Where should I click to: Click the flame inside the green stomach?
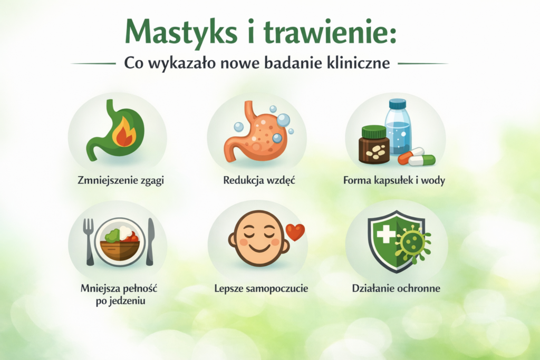[x=124, y=133]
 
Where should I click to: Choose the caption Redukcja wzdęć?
[x=258, y=180]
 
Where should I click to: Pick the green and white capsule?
[x=422, y=160]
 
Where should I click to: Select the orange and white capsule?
[x=411, y=155]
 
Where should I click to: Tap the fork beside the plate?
[x=89, y=240]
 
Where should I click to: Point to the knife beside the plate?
[x=150, y=240]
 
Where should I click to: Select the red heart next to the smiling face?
[x=295, y=232]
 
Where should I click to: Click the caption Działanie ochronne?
[x=396, y=288]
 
